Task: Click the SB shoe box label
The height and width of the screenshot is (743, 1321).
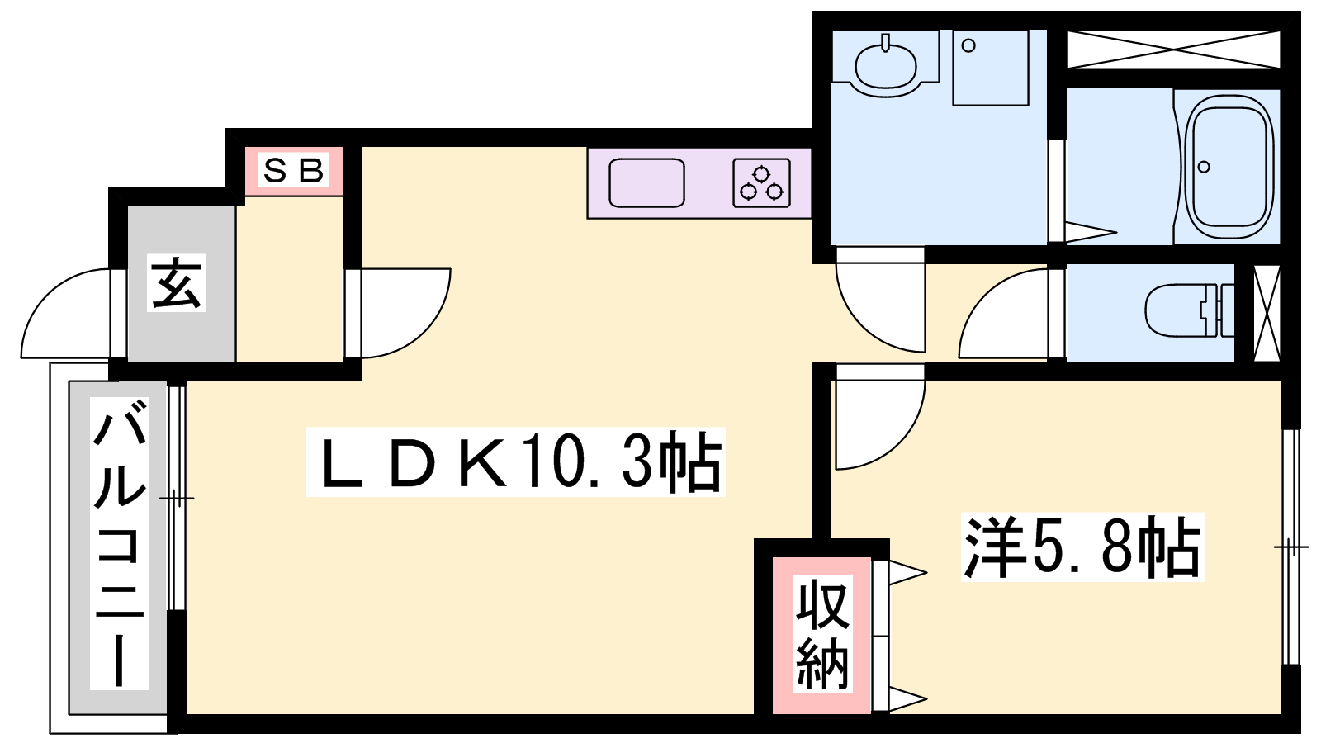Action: tap(293, 170)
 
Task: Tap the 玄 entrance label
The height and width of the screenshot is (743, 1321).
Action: tap(177, 284)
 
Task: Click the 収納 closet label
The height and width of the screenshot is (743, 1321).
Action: tap(822, 633)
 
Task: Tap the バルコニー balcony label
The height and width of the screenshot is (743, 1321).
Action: tap(119, 543)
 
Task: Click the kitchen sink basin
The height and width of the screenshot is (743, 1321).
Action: tap(646, 182)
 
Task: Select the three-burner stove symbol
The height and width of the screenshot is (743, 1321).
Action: tap(761, 182)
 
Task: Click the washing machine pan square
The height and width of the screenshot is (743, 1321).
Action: tap(990, 69)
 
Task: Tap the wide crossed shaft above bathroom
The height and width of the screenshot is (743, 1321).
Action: tap(1173, 49)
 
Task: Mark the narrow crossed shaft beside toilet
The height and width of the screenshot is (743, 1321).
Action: tap(1267, 313)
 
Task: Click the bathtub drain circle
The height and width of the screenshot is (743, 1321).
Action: tap(1205, 167)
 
